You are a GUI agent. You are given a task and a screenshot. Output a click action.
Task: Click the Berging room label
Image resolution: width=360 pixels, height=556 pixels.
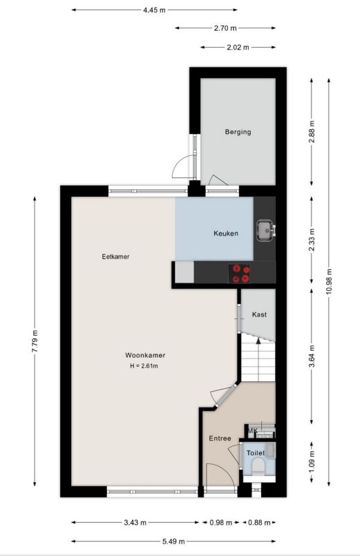238,132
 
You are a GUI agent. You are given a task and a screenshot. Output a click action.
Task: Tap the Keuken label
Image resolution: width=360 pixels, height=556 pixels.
225,233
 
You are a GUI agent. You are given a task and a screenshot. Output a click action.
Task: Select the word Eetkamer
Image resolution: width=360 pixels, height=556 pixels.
115,256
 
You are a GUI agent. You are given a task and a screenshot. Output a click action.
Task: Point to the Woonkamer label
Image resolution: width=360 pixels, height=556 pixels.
145,355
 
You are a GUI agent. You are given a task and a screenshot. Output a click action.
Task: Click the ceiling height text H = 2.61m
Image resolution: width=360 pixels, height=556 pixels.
144,366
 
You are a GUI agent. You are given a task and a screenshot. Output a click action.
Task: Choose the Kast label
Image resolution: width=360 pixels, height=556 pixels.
259,314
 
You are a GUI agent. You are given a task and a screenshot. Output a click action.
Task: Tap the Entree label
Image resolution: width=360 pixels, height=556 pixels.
220,439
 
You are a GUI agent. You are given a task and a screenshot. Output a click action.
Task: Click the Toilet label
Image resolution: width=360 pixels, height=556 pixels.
256,453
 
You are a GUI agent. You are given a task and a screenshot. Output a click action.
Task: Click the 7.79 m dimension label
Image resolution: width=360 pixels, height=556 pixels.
35,341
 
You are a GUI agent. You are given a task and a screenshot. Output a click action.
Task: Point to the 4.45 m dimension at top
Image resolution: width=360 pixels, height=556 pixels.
154,10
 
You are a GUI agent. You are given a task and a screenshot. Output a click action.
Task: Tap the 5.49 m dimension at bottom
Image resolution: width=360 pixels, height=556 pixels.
173,541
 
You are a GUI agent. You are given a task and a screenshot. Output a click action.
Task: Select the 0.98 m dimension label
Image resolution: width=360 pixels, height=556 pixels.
221,523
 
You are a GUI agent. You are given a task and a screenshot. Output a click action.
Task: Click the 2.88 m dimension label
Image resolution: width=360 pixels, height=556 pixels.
312,131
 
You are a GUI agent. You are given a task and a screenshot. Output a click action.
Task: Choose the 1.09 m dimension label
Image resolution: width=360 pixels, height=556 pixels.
312,461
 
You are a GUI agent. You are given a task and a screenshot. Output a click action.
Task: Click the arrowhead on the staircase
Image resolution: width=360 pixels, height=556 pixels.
258,341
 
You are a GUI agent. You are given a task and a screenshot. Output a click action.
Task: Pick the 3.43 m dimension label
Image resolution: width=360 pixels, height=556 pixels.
135,523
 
